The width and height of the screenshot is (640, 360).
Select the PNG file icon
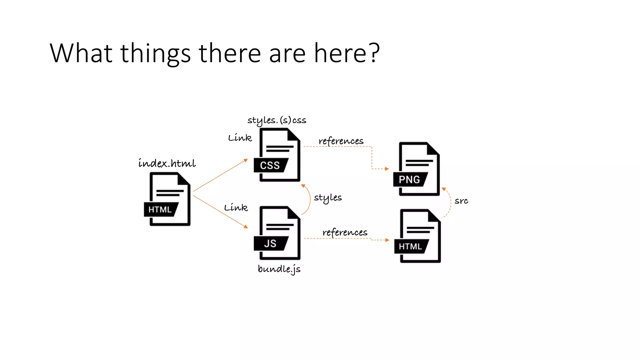[x=417, y=169]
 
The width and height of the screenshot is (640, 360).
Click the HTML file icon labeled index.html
[x=167, y=199]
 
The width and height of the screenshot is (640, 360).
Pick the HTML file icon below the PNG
[x=418, y=236]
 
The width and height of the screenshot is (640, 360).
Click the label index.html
[x=167, y=163]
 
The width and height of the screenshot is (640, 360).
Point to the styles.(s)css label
[x=277, y=120]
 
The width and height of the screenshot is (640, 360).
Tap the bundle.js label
[x=279, y=269]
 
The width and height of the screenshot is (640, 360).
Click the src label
[x=461, y=201]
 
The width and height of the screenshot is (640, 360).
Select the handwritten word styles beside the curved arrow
[x=328, y=198]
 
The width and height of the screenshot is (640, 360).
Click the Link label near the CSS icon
[x=240, y=138]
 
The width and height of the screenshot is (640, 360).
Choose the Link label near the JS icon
[x=236, y=207]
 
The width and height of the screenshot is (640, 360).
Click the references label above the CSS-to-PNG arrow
[x=341, y=141]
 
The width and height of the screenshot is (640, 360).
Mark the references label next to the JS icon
[x=345, y=232]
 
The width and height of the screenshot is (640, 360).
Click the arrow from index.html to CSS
[x=220, y=175]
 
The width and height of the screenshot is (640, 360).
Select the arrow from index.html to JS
[x=220, y=212]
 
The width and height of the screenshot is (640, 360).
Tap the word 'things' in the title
[x=155, y=53]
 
